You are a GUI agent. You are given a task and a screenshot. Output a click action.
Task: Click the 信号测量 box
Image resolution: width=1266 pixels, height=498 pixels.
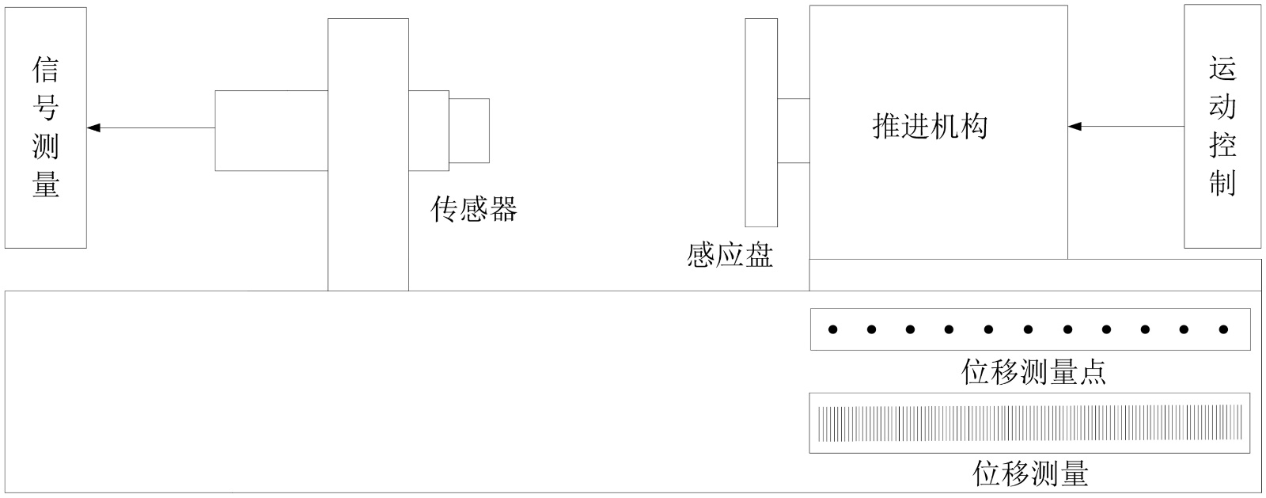45,127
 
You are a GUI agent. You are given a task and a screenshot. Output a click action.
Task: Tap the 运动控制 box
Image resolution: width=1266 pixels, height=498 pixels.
1222,127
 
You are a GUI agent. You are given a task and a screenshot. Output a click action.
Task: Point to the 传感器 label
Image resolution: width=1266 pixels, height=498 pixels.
473,209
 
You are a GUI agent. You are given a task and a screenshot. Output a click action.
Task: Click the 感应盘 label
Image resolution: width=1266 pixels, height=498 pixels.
730,255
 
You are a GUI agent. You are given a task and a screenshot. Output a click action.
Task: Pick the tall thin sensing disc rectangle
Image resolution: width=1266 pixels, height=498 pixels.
761,123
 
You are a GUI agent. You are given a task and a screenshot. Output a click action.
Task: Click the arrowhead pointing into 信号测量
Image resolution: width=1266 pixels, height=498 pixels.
93,127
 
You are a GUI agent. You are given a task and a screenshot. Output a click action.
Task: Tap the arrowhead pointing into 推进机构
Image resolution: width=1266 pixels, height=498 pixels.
1075,127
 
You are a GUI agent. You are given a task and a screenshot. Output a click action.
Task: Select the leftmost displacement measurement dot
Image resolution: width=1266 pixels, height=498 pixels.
832,329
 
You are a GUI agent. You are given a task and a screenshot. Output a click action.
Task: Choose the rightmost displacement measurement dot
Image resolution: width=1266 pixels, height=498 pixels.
1223,329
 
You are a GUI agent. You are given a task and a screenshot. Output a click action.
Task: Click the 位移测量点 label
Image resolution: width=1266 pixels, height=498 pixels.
1033,371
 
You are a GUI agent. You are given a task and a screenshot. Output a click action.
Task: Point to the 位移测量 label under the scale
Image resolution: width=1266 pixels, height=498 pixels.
1030,473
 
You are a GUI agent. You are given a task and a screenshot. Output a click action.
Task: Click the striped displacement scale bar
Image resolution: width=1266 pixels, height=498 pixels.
1029,423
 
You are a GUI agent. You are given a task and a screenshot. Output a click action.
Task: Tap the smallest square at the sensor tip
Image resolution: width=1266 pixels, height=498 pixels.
469,131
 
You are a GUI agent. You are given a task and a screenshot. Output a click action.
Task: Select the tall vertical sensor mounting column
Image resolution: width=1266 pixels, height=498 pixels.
368,154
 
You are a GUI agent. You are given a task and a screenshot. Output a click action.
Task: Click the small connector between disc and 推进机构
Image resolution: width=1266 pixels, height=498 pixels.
793,131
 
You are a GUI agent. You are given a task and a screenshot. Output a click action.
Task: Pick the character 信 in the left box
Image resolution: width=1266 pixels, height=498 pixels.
45,70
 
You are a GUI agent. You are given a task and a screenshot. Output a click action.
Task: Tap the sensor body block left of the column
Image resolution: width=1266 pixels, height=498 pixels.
271,131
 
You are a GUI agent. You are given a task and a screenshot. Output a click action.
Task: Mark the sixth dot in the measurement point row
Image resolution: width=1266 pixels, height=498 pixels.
1028,329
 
